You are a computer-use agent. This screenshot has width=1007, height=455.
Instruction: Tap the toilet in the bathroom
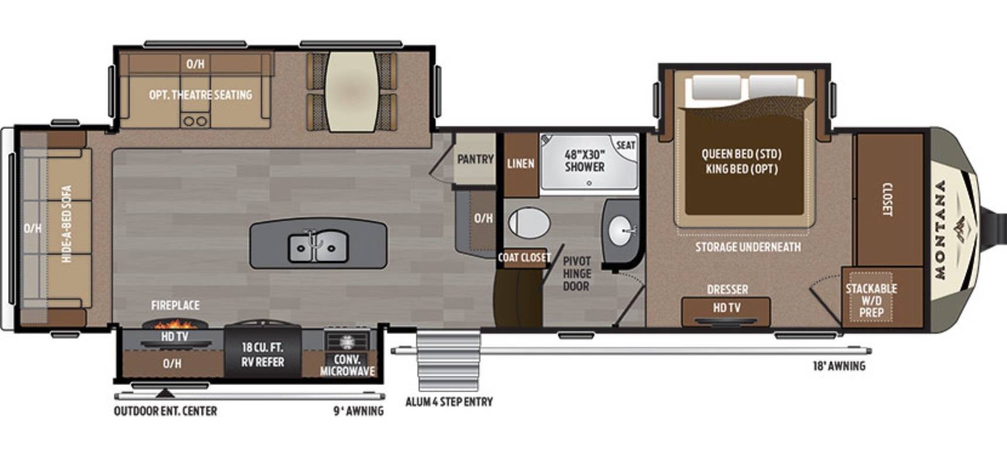click(x=529, y=223)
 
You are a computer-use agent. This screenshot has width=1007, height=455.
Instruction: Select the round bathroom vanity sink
click(x=622, y=231)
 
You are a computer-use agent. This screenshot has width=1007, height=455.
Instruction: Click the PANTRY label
click(x=475, y=159)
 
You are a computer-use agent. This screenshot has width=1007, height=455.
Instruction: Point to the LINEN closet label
click(x=520, y=164)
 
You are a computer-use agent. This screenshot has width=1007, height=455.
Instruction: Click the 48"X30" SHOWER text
click(x=584, y=161)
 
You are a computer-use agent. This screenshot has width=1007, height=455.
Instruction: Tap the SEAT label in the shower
click(x=625, y=145)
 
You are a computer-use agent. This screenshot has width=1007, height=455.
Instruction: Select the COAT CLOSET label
click(x=524, y=257)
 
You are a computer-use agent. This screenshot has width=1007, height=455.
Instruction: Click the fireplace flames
click(x=175, y=323)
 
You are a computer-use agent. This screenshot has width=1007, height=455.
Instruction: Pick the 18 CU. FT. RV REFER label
click(x=263, y=355)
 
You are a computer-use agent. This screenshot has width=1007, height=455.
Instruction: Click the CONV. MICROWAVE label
click(x=347, y=365)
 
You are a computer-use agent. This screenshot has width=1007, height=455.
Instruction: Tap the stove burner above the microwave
click(x=347, y=341)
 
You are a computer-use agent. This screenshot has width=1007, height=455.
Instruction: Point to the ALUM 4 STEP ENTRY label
click(x=449, y=402)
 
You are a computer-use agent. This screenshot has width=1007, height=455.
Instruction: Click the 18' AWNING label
click(x=839, y=366)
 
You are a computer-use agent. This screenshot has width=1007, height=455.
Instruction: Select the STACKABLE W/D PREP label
click(x=871, y=300)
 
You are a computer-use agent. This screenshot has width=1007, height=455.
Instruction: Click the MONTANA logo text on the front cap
click(x=940, y=229)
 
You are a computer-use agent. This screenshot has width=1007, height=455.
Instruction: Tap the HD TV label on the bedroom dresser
click(x=727, y=307)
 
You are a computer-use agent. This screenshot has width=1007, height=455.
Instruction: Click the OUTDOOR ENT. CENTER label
click(x=165, y=411)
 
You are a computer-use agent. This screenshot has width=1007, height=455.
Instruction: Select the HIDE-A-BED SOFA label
click(x=67, y=223)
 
